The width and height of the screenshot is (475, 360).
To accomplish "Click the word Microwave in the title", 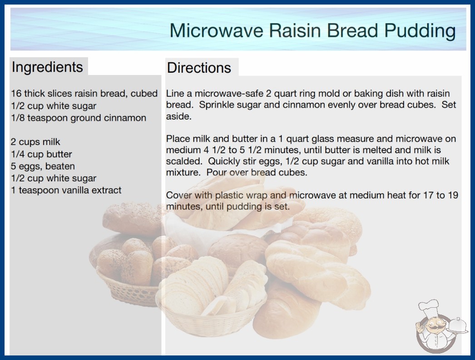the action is (x=216, y=30).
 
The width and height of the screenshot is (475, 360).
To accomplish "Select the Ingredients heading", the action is (x=47, y=67).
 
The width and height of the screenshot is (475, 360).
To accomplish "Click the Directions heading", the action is (x=199, y=68).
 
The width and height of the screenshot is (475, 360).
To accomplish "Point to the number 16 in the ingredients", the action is (x=16, y=94).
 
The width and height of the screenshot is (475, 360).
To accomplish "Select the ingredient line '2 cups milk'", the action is (x=35, y=142).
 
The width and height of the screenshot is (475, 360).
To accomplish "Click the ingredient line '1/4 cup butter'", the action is (x=41, y=154).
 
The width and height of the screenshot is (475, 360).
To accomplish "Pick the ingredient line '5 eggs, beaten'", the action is (x=43, y=166).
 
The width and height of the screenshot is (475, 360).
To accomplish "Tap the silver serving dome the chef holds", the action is (x=458, y=326).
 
